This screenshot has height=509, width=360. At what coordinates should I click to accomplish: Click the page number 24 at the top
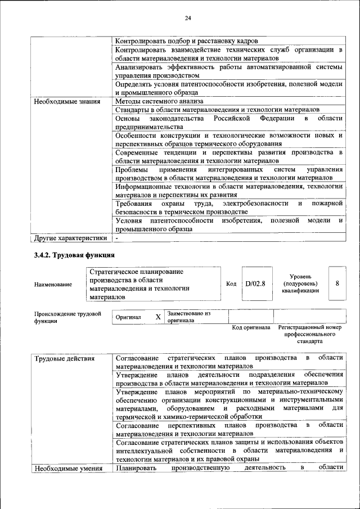[x=188, y=19]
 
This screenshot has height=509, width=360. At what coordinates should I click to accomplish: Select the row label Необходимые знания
[x=63, y=102]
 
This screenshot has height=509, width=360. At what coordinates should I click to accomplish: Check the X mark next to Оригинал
[x=158, y=317]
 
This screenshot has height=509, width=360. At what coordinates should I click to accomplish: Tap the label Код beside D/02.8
[x=231, y=283]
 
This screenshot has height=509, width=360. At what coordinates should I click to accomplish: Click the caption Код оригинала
[x=251, y=327]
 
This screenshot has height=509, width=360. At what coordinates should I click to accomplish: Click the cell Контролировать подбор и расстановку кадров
[x=187, y=41]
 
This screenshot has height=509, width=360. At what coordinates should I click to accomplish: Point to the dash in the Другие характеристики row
[x=117, y=238]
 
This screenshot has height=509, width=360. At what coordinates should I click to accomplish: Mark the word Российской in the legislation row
[x=231, y=119]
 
